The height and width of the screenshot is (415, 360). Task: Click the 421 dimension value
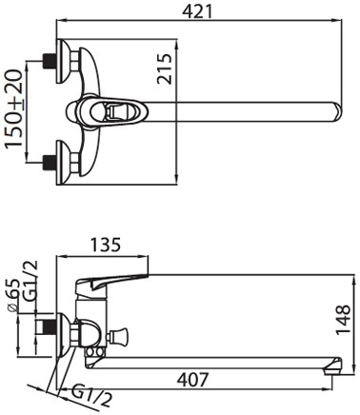(197, 12)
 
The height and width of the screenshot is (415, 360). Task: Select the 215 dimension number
(165, 69)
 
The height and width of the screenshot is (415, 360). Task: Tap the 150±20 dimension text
(14, 109)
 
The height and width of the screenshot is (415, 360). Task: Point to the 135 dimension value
(106, 245)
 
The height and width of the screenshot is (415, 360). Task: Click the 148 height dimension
(343, 320)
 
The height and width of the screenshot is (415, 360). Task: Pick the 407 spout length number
(192, 380)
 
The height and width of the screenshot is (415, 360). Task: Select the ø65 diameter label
(13, 296)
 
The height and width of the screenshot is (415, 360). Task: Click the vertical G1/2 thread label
(31, 280)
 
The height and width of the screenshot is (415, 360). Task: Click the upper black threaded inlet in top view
(50, 61)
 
